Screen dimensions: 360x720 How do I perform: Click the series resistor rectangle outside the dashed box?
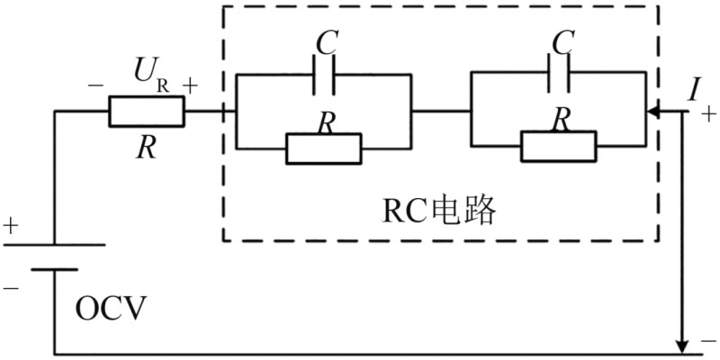(147, 112)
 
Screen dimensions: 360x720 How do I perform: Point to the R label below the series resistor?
(146, 148)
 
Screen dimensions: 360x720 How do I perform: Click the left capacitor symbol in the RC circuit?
(323, 77)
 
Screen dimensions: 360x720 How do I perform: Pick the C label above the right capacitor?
(562, 40)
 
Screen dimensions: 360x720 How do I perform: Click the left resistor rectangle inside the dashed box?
(323, 148)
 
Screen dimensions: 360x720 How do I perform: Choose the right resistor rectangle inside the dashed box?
(558, 146)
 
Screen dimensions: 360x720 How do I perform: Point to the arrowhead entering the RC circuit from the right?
(655, 113)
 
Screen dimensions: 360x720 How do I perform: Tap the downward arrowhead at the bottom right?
(683, 345)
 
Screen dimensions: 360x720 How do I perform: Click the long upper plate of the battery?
(56, 244)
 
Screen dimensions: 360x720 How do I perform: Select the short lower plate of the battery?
(56, 268)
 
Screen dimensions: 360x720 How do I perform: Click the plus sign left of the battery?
(10, 226)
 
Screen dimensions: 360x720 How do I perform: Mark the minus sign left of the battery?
(10, 289)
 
